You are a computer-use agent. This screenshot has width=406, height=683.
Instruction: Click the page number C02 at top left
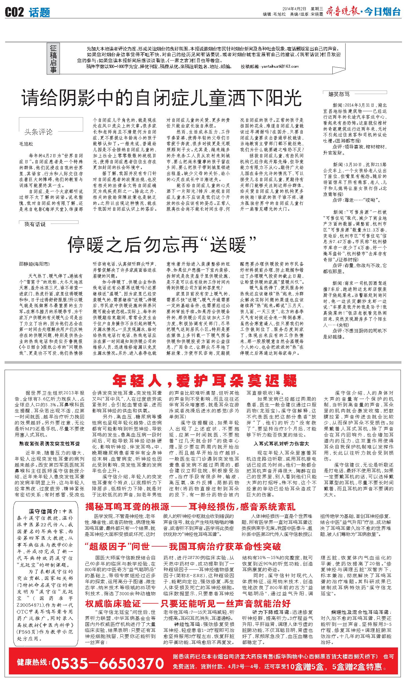pyautogui.click(x=15, y=12)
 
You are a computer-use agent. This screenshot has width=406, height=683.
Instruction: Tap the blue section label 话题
pyautogui.click(x=40, y=12)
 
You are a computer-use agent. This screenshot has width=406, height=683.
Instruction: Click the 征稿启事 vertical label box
pyautogui.click(x=53, y=59)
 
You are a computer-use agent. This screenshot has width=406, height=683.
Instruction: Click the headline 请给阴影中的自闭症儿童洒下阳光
pyautogui.click(x=162, y=98)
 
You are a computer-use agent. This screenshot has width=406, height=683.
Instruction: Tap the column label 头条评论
pyautogui.click(x=39, y=132)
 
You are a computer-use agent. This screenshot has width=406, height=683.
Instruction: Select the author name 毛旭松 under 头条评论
pyautogui.click(x=26, y=144)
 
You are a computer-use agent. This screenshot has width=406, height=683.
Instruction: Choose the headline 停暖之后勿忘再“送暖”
pyautogui.click(x=162, y=244)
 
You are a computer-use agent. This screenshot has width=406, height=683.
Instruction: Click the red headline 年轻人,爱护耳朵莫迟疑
pyautogui.click(x=205, y=381)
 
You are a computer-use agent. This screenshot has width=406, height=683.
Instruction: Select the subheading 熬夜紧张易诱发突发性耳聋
pyautogui.click(x=49, y=443)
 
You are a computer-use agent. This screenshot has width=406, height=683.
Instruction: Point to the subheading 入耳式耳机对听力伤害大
pyautogui.click(x=281, y=443)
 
